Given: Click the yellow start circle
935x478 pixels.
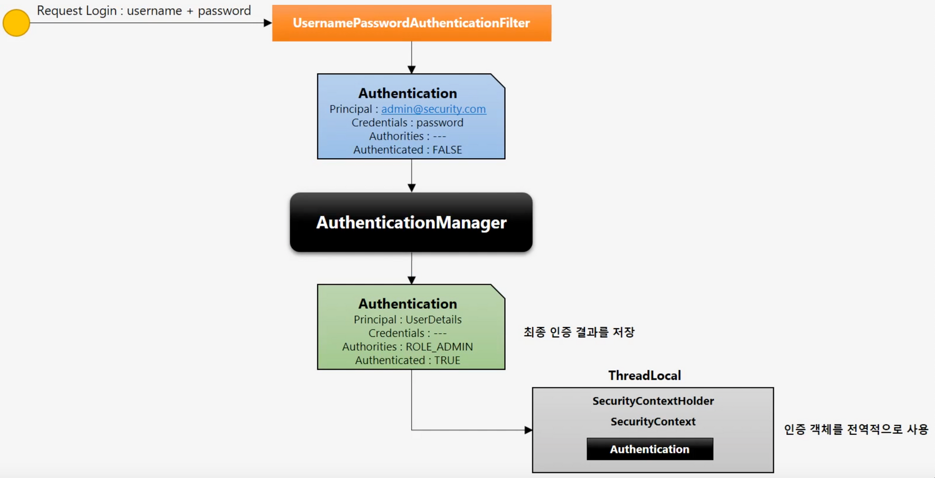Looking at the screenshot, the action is pyautogui.click(x=16, y=23).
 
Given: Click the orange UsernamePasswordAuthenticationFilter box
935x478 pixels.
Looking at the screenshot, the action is pyautogui.click(x=411, y=23).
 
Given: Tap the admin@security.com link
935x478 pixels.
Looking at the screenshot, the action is pyautogui.click(x=434, y=109).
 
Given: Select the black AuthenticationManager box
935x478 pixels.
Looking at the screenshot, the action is pyautogui.click(x=411, y=222).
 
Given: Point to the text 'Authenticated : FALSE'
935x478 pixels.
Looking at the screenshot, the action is pyautogui.click(x=408, y=150).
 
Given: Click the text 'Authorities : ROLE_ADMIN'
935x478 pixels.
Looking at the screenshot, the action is pyautogui.click(x=408, y=347).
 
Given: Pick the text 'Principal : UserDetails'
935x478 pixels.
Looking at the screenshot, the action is pyautogui.click(x=408, y=320).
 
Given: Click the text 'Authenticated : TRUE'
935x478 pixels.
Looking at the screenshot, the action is pyautogui.click(x=408, y=360).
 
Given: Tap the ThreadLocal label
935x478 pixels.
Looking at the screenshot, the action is pyautogui.click(x=644, y=375).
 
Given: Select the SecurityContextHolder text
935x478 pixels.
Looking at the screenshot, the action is pyautogui.click(x=653, y=401).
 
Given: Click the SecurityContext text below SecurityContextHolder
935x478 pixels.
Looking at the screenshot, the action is pyautogui.click(x=653, y=422).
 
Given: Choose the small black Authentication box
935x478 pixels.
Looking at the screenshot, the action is pyautogui.click(x=650, y=449).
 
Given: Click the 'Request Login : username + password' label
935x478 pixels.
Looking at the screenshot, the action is pyautogui.click(x=144, y=11).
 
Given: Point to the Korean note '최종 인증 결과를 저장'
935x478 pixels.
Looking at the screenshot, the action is pyautogui.click(x=579, y=332).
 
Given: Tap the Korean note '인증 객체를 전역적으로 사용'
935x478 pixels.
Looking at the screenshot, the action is pyautogui.click(x=856, y=430).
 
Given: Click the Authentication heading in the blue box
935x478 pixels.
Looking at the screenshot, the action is pyautogui.click(x=408, y=93).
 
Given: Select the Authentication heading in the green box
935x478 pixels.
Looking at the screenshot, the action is pyautogui.click(x=408, y=304).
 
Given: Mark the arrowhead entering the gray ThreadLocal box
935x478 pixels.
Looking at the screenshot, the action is pyautogui.click(x=528, y=430).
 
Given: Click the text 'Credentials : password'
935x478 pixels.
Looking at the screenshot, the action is pyautogui.click(x=408, y=123).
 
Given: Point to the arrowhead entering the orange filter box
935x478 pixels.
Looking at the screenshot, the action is pyautogui.click(x=268, y=23).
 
